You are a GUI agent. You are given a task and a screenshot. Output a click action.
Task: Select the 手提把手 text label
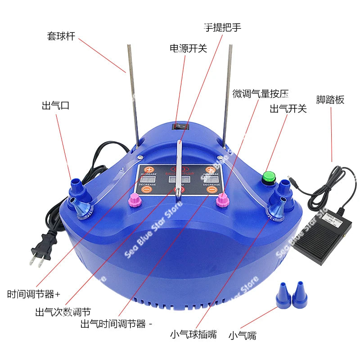click(x=223, y=27)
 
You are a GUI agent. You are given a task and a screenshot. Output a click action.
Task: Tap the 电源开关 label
click(x=188, y=48)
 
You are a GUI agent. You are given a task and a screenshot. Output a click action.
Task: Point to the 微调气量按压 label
click(x=260, y=94)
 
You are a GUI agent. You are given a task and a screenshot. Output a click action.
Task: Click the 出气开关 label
click(x=288, y=108)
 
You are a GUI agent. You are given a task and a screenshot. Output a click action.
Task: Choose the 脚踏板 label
click(x=330, y=99)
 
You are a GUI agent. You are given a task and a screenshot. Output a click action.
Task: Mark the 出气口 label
click(x=55, y=106)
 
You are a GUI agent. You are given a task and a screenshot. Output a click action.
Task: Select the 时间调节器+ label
click(x=34, y=295)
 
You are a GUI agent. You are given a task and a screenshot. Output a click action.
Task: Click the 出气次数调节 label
click(x=63, y=312)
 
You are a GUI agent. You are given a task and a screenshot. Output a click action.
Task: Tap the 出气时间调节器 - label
click(x=117, y=324)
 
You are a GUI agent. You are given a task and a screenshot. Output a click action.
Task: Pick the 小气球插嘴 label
click(x=193, y=334)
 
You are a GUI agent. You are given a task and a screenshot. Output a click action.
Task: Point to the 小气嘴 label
click(x=243, y=335)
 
